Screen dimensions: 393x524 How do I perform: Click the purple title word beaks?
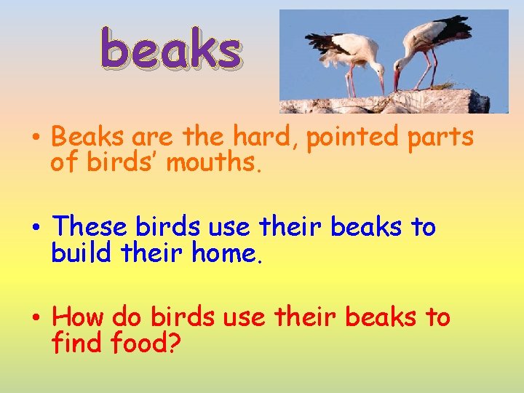(170, 49)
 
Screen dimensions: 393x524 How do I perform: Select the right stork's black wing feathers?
(455, 29)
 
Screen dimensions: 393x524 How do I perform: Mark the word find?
(78, 343)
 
